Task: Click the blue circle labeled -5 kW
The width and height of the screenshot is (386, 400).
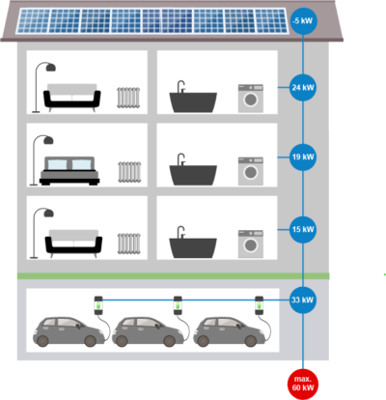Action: pyautogui.click(x=302, y=19)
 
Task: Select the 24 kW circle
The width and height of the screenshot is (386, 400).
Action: pyautogui.click(x=302, y=87)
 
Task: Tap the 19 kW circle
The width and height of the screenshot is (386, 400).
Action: pyautogui.click(x=302, y=156)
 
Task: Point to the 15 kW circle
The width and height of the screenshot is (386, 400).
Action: pyautogui.click(x=302, y=229)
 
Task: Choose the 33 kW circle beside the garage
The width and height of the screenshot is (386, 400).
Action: pyautogui.click(x=302, y=300)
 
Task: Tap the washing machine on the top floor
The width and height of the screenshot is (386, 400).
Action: pyautogui.click(x=250, y=99)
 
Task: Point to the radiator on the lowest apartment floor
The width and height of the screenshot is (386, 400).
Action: pyautogui.click(x=128, y=244)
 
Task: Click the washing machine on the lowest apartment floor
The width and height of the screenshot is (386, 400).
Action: pyautogui.click(x=250, y=244)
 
